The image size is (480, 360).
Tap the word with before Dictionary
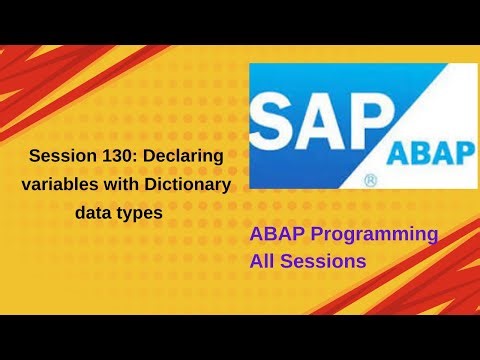tap(126, 185)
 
